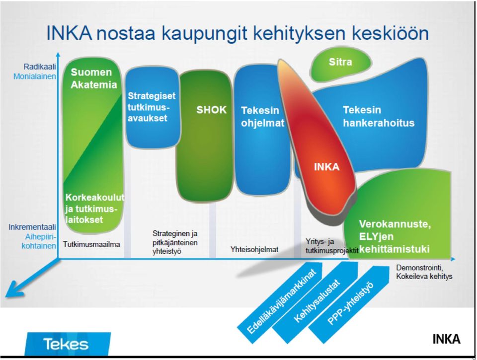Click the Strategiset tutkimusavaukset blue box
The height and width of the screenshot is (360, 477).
152,107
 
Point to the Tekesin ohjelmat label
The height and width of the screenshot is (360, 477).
262,117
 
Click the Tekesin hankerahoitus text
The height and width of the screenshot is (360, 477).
379,116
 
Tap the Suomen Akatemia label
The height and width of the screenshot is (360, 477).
93,78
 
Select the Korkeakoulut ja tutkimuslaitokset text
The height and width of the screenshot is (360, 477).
94,209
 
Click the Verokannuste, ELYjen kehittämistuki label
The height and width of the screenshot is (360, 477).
395,236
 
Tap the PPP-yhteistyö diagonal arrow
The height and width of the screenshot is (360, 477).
350,305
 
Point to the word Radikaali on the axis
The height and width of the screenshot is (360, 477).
40,67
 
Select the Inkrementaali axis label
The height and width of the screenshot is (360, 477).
32,227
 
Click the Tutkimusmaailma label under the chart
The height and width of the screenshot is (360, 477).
91,244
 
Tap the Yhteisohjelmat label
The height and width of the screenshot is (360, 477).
254,250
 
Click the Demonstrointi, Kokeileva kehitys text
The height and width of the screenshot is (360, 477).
424,272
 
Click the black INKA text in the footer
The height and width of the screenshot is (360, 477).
446,339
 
